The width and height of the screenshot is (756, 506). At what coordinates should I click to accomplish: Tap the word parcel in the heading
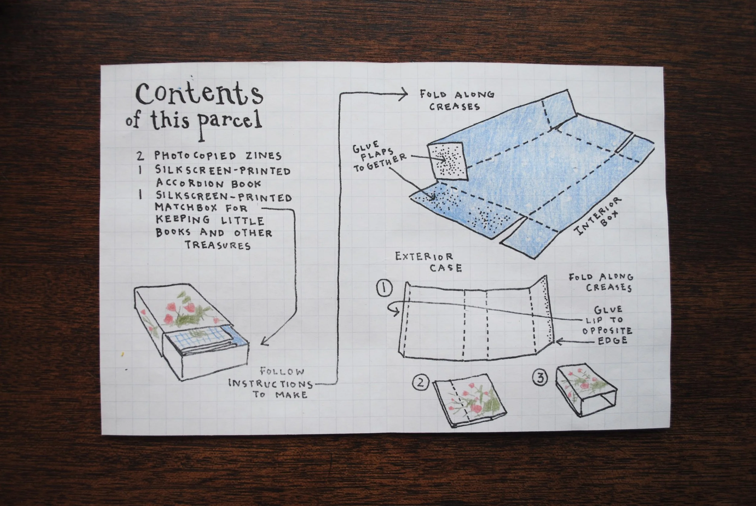(229, 123)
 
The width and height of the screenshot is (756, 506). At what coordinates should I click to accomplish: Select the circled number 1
(384, 288)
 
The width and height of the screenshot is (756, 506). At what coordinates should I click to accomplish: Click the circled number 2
(421, 383)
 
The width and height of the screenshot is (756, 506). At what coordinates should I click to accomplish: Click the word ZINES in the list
(263, 156)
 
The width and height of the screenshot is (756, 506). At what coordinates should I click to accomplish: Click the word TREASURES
(218, 245)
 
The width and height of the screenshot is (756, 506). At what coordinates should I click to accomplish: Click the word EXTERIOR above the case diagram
(424, 257)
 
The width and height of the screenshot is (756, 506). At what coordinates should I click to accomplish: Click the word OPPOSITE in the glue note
(607, 330)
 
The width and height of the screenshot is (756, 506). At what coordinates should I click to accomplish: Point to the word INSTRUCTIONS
(271, 384)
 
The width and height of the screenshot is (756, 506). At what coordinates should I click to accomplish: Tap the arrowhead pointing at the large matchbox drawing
(264, 342)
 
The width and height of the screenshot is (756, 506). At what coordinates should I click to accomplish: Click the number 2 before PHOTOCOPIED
(140, 156)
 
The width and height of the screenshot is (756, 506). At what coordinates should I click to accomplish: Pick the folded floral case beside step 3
(586, 394)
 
